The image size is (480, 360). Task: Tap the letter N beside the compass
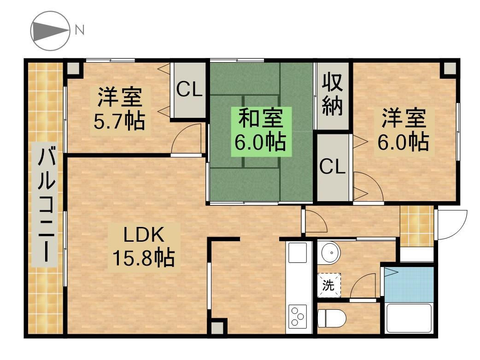(x=79, y=30)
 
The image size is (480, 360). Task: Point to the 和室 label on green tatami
(x=261, y=118)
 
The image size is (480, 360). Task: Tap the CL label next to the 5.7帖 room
(x=190, y=90)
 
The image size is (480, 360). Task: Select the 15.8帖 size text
(x=142, y=258)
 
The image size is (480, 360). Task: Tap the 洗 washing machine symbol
(x=328, y=285)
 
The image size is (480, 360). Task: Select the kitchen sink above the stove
(x=298, y=253)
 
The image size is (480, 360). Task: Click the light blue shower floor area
(x=409, y=282)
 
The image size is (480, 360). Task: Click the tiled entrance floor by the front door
(x=416, y=226)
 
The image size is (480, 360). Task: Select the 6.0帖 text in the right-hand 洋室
(x=404, y=142)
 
